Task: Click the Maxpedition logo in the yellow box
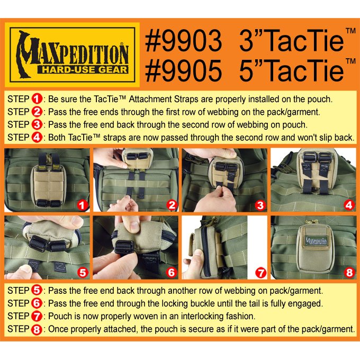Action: point(72,55)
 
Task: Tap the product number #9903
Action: point(184,41)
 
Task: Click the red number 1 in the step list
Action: point(37,99)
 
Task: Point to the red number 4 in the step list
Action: point(37,138)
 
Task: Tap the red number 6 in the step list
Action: point(37,303)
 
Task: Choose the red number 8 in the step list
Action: point(37,329)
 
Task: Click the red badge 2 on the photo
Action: point(172,205)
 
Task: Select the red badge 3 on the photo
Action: point(260,205)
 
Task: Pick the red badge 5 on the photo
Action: point(83,273)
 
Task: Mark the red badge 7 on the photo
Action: point(261,273)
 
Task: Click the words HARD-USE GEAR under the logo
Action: point(83,69)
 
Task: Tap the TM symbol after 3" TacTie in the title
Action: point(350,31)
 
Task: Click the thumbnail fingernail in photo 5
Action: point(25,269)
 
